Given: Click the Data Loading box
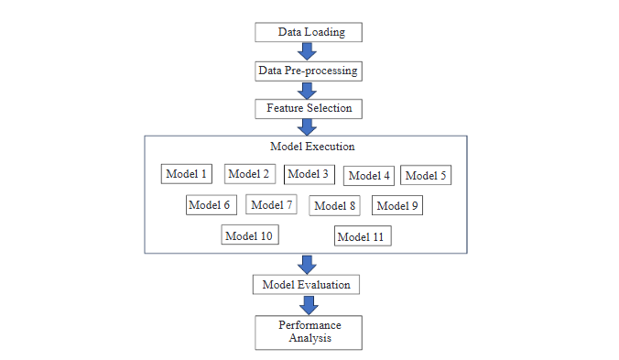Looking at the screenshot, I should pos(308,32).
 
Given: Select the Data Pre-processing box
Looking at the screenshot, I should pos(308,71).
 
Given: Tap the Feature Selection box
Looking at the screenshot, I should pos(308,108).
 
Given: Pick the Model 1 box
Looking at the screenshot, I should pos(187,173).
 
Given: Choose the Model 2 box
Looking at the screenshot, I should pos(249,174).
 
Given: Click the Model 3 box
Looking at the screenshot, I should pos(308,174).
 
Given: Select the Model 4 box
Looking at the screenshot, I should pos(369,176).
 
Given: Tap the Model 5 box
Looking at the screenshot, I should pos(426,176).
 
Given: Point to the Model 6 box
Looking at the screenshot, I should pos(210,204).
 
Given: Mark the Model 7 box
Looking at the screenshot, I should pos(271,204).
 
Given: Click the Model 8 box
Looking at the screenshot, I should pos(334,205).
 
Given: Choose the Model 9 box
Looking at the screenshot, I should pos(397,205).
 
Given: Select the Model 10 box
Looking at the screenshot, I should pos(249,235).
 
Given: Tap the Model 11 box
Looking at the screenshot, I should pos(364,236).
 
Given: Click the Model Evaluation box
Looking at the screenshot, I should pos(306,285).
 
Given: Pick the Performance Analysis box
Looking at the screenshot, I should pos(309,332).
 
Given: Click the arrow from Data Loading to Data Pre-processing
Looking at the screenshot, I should pos(308,51).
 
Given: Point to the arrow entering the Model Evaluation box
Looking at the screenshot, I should pos(308,264).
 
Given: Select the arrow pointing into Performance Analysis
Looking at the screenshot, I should pos(308,305).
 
